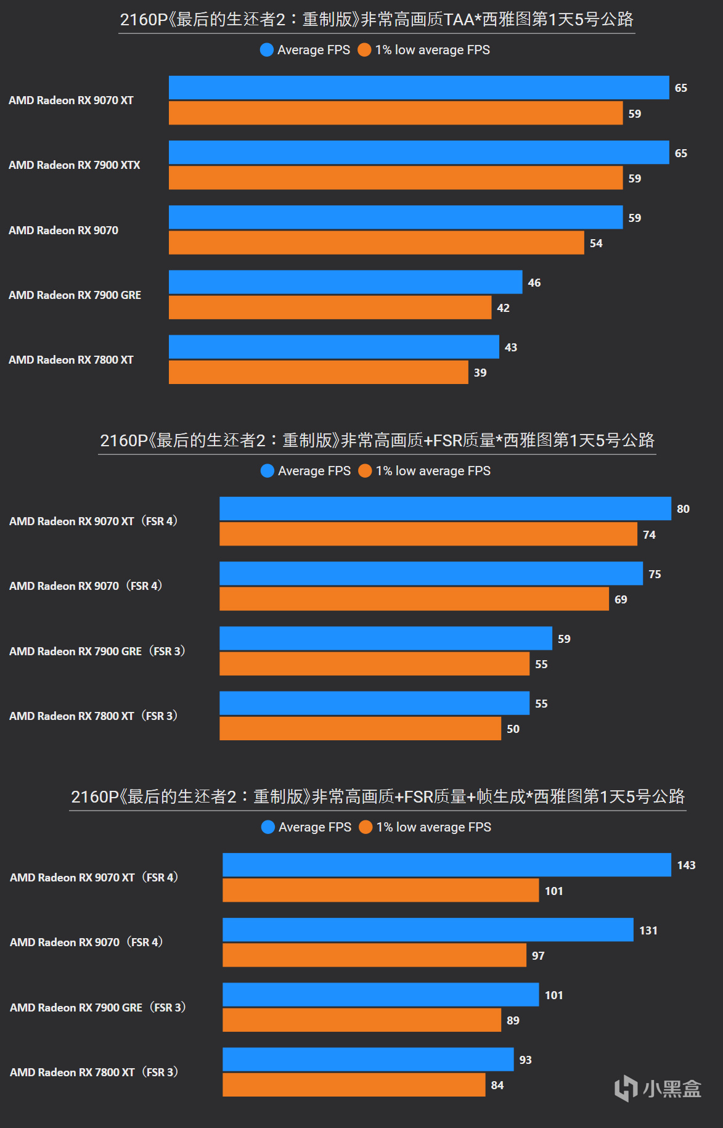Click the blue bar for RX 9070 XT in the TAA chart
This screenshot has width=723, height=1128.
(419, 88)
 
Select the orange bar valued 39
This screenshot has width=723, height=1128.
(318, 372)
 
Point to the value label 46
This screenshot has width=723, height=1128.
(534, 283)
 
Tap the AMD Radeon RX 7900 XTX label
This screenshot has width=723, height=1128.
(75, 165)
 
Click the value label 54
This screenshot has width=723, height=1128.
(596, 243)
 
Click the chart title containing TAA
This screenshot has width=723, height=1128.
(377, 20)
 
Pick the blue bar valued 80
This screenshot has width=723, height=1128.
(445, 509)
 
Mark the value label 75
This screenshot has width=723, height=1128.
(655, 574)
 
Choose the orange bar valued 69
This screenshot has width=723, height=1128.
(414, 599)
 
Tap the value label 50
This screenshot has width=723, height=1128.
(513, 729)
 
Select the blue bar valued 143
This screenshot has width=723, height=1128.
(446, 865)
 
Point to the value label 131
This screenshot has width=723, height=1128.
(648, 931)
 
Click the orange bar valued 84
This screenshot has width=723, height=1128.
(354, 1085)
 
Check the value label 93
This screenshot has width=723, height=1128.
(525, 1060)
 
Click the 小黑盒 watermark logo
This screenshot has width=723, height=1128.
(658, 1089)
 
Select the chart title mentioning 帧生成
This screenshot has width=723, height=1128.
(377, 797)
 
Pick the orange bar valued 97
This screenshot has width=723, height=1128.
(374, 955)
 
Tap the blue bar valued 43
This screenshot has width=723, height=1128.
(333, 347)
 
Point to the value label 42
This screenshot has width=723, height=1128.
(503, 308)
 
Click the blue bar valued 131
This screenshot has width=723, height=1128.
(428, 930)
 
